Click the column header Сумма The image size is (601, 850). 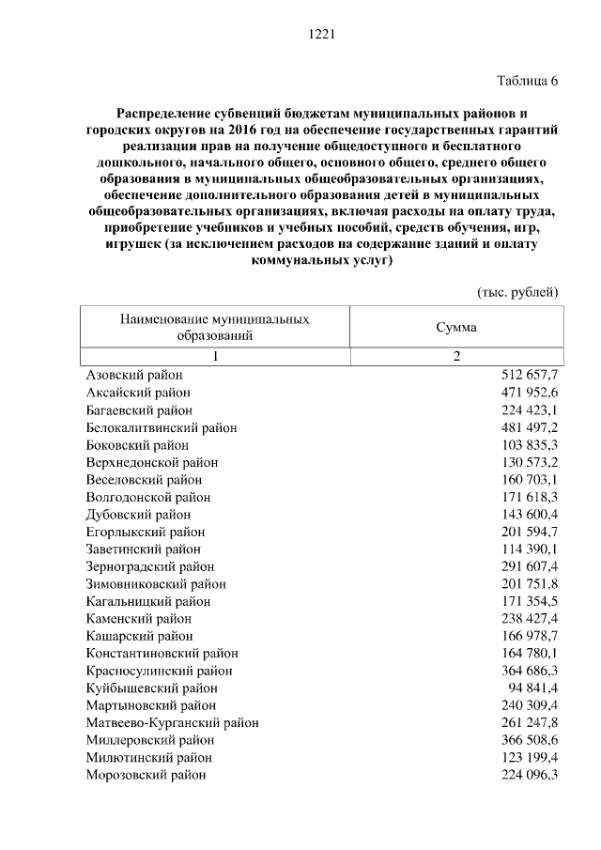tap(455, 328)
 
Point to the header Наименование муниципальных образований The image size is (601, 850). tap(214, 327)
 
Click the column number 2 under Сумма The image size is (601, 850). tap(456, 356)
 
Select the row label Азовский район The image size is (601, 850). tap(133, 375)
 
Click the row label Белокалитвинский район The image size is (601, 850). tap(161, 427)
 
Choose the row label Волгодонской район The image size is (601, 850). tap(147, 497)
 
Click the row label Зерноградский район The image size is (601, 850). tap(149, 566)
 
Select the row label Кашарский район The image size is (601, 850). tap(137, 636)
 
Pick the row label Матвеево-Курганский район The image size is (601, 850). tap(172, 722)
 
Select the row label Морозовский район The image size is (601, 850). tap(146, 775)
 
